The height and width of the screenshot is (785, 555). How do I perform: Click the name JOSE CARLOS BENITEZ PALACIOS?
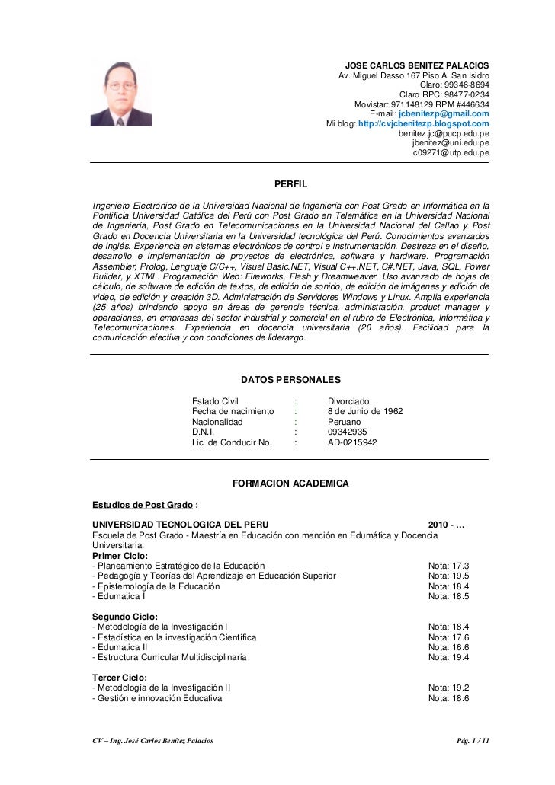[x=418, y=65]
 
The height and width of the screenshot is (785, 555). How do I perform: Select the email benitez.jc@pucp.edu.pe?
[x=444, y=133]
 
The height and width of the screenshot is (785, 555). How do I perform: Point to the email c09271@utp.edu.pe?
[x=451, y=152]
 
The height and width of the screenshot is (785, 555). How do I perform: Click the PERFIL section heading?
[x=290, y=183]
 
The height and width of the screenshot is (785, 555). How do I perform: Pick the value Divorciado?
[x=348, y=400]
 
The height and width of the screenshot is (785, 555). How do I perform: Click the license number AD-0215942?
[x=351, y=442]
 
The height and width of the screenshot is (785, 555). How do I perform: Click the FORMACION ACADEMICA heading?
[x=290, y=483]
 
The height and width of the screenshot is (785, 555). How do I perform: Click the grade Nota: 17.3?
[x=448, y=566]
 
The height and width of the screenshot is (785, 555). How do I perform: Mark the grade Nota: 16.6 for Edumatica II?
[x=448, y=647]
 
